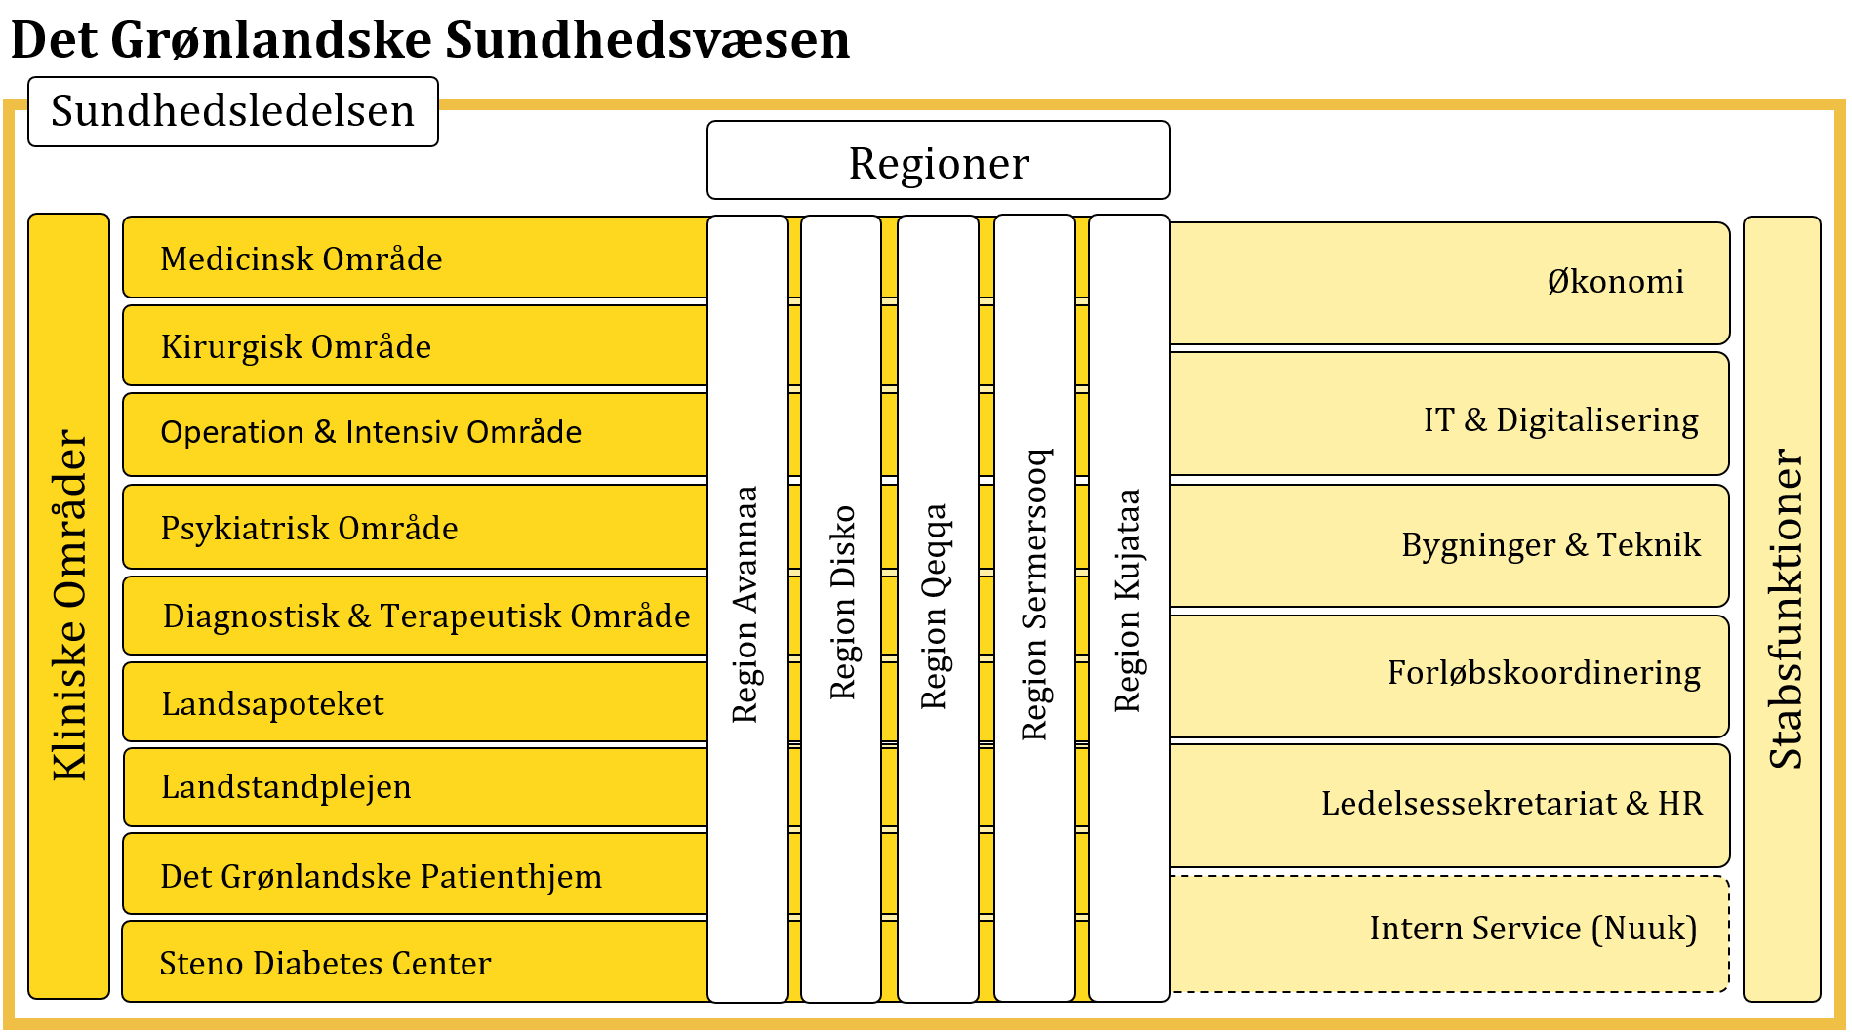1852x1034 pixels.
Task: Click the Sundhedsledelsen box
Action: pos(232,111)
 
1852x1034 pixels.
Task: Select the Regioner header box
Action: pos(938,162)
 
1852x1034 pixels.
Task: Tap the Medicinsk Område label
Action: pos(301,258)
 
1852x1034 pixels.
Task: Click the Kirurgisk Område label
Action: pos(296,346)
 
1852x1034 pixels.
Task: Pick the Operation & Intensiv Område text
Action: pos(371,432)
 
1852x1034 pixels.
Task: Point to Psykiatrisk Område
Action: pos(308,528)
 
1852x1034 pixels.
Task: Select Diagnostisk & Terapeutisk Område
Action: pos(426,616)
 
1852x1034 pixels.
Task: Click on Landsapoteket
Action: pos(272,703)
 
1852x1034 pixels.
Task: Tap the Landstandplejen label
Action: pos(286,786)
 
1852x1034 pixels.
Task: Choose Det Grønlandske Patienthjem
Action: pos(381,876)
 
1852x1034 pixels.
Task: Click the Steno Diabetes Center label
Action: pos(325,963)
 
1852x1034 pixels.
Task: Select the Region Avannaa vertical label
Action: pos(745,605)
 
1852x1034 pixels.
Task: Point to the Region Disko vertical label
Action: pos(842,603)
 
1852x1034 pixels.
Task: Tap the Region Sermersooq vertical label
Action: pos(1034,595)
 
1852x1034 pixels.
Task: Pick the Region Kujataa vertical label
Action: pos(1128,601)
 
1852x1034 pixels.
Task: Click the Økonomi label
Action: pos(1615,282)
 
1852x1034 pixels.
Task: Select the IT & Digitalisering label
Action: pos(1560,419)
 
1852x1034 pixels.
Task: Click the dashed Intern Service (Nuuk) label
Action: pos(1533,928)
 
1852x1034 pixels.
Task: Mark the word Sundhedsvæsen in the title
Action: pos(647,40)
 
